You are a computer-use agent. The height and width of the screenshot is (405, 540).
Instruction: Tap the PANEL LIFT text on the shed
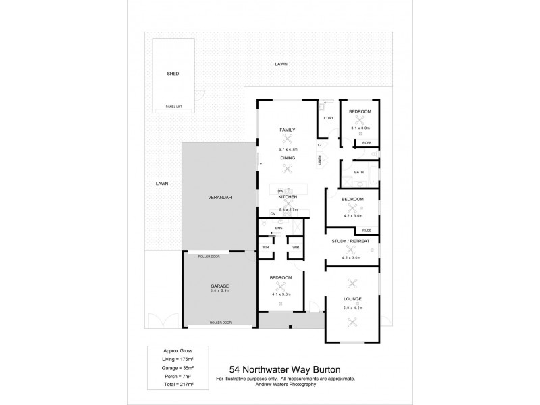click(x=175, y=107)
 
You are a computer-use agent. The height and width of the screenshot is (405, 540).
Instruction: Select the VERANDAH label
click(x=220, y=196)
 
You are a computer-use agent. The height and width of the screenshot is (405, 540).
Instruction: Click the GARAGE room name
click(x=219, y=286)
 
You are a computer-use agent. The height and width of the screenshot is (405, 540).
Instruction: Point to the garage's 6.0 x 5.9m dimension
click(x=219, y=291)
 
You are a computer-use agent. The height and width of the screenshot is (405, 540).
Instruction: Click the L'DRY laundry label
click(x=329, y=119)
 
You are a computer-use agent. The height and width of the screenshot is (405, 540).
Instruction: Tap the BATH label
click(x=359, y=172)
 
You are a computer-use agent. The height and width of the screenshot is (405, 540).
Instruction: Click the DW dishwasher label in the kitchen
click(x=281, y=192)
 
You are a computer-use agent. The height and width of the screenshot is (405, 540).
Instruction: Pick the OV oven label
click(x=273, y=213)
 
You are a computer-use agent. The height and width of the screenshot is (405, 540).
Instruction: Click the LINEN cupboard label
click(x=319, y=159)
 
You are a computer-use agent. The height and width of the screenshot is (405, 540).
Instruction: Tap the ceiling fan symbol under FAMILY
click(x=288, y=138)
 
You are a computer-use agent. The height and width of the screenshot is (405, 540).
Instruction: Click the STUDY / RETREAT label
click(x=351, y=240)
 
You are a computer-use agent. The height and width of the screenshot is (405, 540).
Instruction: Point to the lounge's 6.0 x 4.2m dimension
click(x=352, y=308)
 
